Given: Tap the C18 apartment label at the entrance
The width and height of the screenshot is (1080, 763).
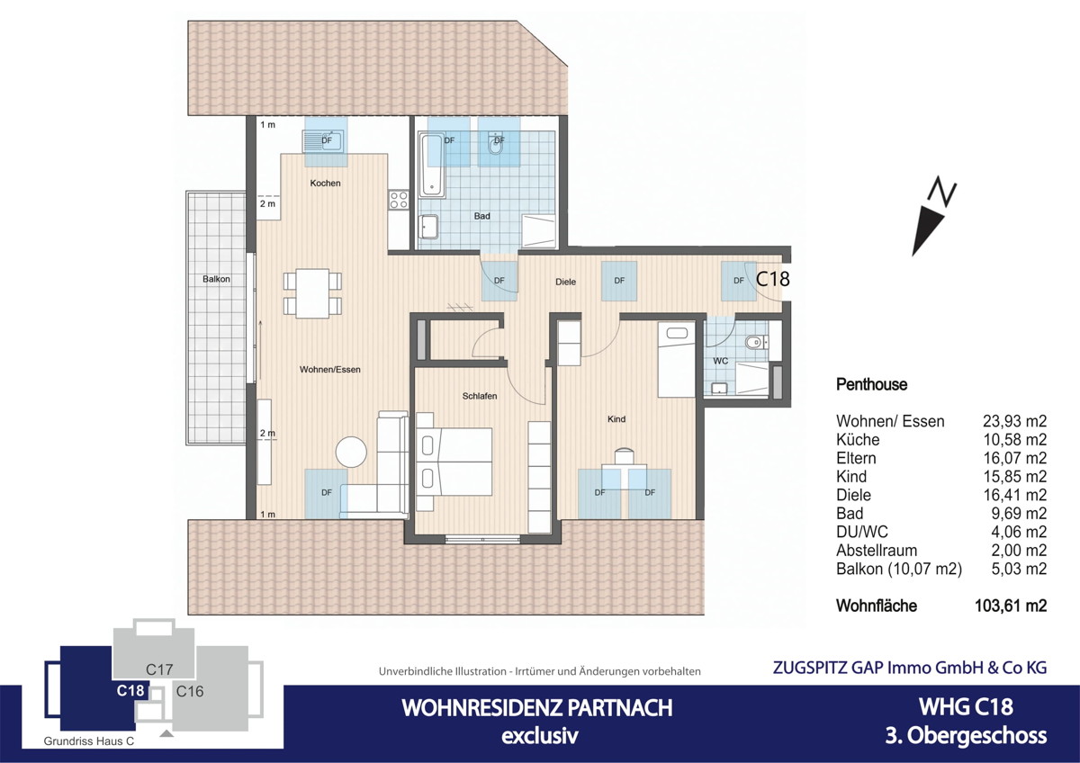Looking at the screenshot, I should [x=772, y=279].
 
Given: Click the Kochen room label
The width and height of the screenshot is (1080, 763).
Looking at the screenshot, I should [x=325, y=184].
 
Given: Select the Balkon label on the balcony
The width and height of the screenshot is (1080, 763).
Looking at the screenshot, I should [x=216, y=279].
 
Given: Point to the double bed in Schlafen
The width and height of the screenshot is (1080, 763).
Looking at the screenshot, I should [x=454, y=462].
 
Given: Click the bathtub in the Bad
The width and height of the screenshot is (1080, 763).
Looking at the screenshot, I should [x=432, y=166].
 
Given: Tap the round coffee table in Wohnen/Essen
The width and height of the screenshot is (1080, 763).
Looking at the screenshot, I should [x=350, y=451].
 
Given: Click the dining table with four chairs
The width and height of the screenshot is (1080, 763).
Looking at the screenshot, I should [x=312, y=293].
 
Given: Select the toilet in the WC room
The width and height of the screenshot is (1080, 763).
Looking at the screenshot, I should [x=755, y=342].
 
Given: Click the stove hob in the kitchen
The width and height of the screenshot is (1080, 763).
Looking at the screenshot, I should [x=399, y=200].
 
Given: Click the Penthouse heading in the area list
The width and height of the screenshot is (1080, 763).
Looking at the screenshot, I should [x=871, y=384].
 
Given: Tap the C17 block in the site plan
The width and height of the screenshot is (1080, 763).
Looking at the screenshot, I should [x=159, y=669].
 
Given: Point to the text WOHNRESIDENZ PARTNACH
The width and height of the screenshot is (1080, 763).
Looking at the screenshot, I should [x=536, y=708].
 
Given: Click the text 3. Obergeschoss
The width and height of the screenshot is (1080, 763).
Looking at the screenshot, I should [x=966, y=735].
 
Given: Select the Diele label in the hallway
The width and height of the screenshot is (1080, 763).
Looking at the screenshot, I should [x=565, y=282].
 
